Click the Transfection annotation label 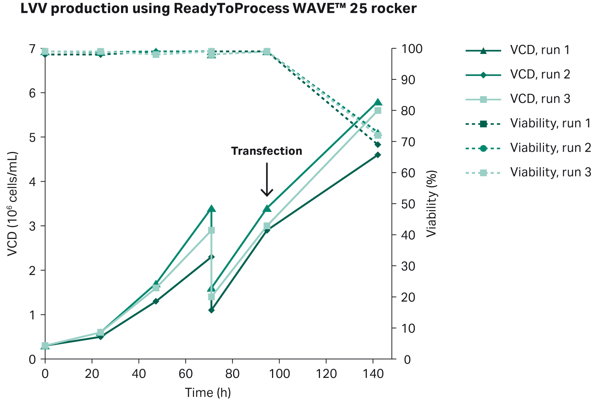[x=266, y=151]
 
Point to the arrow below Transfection [x=267, y=180]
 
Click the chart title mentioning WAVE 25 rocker [x=218, y=8]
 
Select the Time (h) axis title [x=208, y=393]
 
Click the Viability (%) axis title [x=432, y=204]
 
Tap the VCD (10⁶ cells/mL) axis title [x=12, y=204]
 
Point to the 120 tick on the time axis [x=326, y=374]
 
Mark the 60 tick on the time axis [x=185, y=374]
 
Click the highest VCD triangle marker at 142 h [x=378, y=102]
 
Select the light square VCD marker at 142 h [x=378, y=110]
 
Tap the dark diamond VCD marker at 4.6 [x=378, y=155]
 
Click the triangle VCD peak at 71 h [x=211, y=209]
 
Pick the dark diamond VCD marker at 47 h [x=156, y=301]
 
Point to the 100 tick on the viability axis [x=411, y=49]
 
